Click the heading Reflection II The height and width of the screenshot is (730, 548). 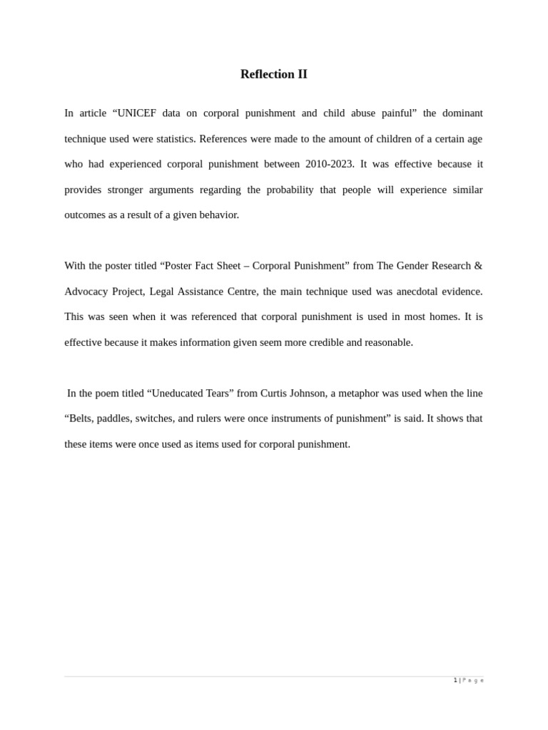(273, 74)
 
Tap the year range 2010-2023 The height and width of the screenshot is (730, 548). (329, 164)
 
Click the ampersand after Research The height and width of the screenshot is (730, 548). (478, 266)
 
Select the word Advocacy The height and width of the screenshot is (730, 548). (86, 292)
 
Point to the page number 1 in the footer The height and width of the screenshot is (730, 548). (455, 680)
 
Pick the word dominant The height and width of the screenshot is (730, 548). (462, 113)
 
